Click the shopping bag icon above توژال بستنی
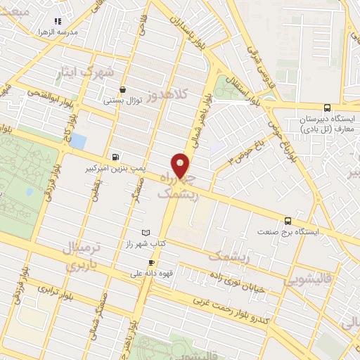pos(124,89)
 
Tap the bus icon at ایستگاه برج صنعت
pos(287,221)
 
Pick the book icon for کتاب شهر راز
pos(146,233)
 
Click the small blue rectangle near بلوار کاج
pos(77,140)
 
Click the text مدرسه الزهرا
pos(56,33)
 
